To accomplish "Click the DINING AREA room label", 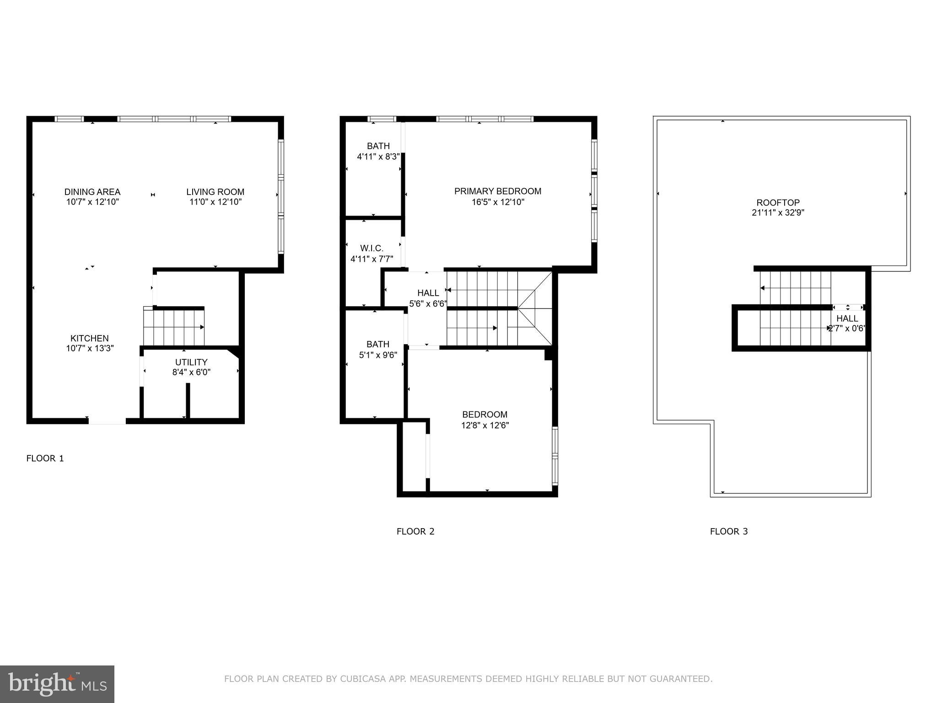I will [x=92, y=192].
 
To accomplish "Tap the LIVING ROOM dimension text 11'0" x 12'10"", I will [x=215, y=202].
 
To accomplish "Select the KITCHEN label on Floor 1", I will [x=90, y=338].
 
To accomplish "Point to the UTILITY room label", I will [x=191, y=362].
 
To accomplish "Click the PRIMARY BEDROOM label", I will [x=498, y=191].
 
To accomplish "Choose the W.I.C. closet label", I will [x=372, y=248].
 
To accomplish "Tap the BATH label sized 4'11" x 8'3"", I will [x=378, y=146].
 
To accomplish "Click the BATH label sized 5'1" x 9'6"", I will [x=378, y=344].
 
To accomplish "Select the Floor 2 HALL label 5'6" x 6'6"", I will [x=428, y=293].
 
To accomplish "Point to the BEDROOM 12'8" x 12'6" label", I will [x=485, y=415].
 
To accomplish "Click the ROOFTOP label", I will [x=778, y=202].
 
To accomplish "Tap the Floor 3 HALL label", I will [x=847, y=319].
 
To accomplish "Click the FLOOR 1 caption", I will [x=45, y=458].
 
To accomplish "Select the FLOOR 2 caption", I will [x=415, y=531].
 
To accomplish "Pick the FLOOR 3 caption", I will [x=729, y=531].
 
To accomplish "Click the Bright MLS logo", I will [x=57, y=684].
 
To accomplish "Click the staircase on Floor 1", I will [x=174, y=327].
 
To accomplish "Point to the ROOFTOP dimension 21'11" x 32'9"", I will [x=778, y=213].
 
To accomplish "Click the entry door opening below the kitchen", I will [x=107, y=421].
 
